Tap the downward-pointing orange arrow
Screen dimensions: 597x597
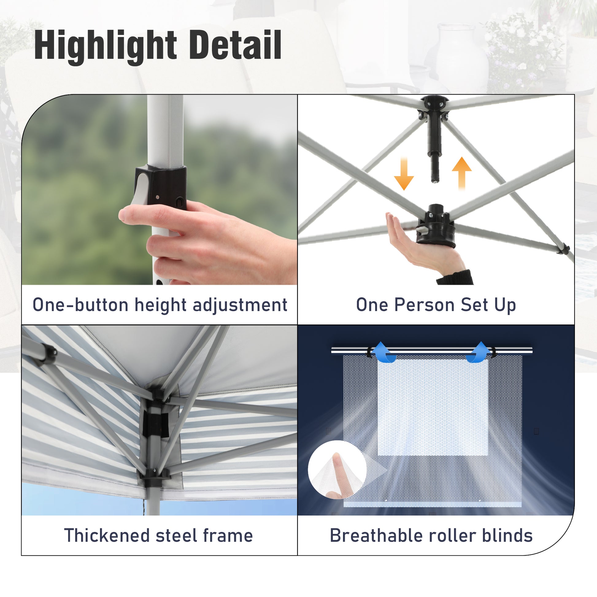pos(404,173)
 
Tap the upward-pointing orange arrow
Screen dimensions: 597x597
pos(462,173)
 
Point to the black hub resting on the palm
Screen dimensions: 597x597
pos(436,225)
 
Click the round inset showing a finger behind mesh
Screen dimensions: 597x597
pos(337,470)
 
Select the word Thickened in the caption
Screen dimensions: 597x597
pos(107,536)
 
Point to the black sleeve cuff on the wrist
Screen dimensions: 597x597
pos(455,278)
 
